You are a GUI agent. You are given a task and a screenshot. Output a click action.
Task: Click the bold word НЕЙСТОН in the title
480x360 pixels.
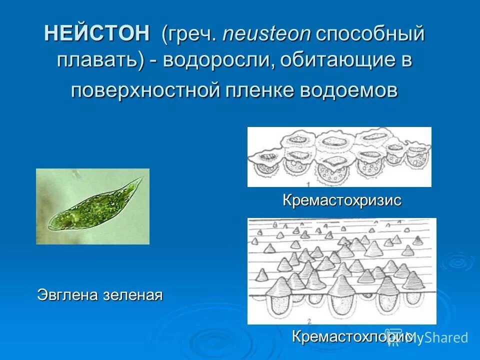tap(96, 34)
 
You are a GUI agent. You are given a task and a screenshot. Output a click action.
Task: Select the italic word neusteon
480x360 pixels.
tap(267, 34)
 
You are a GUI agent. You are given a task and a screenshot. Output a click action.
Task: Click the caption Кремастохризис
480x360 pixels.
tap(342, 200)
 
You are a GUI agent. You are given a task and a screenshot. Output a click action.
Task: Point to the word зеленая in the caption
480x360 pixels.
tap(133, 294)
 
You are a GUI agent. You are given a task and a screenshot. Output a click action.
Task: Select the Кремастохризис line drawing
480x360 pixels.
tap(339, 156)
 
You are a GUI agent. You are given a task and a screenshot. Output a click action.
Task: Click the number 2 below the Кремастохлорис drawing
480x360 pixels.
tap(310, 320)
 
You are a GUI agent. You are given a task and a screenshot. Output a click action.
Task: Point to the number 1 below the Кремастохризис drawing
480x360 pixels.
tap(312, 184)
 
